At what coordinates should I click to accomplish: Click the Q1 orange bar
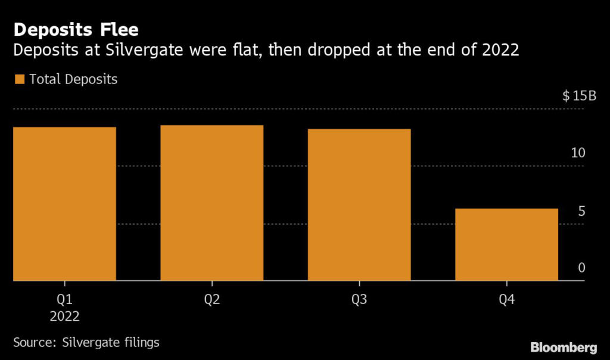[x=64, y=203]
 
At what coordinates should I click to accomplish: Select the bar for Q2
[x=211, y=203]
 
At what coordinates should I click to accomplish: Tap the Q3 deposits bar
[x=359, y=204]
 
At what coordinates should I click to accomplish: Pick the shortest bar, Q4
[x=506, y=244]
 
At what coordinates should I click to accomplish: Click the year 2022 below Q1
[x=64, y=316]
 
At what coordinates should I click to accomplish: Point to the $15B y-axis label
[x=579, y=97]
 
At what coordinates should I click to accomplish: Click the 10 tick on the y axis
[x=578, y=153]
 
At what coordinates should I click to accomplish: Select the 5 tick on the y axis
[x=581, y=211]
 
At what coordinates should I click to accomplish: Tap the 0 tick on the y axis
[x=581, y=268]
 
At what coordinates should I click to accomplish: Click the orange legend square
[x=19, y=79]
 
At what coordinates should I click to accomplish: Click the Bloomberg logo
[x=564, y=346]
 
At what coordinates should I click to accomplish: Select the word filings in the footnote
[x=141, y=343]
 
